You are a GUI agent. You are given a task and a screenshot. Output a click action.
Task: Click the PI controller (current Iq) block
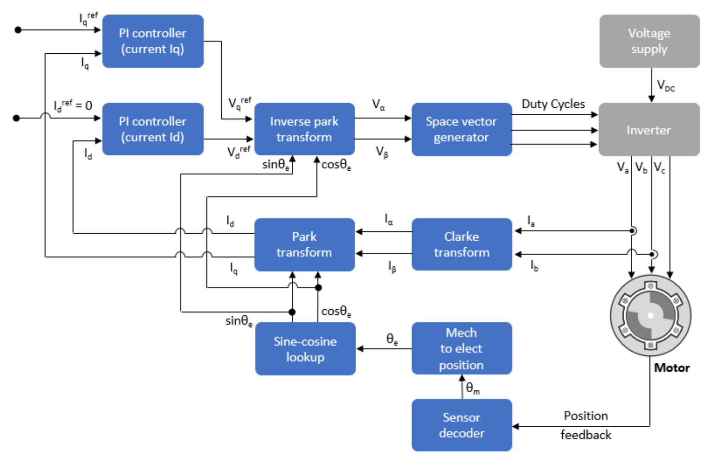tap(152, 41)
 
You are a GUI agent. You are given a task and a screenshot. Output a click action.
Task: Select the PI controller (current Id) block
tap(152, 129)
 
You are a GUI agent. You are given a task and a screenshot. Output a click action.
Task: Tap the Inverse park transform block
tap(304, 129)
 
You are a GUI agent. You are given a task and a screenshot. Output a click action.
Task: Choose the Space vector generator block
tap(461, 129)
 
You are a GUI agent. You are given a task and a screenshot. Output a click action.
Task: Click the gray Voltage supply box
tap(649, 41)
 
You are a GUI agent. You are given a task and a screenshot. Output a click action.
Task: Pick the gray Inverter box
tap(649, 130)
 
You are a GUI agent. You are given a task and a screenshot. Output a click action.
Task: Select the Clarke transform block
tap(461, 244)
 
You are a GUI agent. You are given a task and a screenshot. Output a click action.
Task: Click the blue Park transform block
tap(304, 244)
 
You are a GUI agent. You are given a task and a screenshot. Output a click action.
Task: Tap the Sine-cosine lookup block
tap(305, 349)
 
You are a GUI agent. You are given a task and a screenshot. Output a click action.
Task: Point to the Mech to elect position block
tap(461, 349)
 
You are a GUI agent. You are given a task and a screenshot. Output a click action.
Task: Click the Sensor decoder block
tap(461, 425)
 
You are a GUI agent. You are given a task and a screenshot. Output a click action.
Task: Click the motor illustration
tap(650, 316)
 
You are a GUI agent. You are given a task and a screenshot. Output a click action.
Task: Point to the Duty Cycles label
tap(553, 104)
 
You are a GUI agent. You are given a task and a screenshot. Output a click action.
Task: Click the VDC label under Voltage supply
tap(665, 86)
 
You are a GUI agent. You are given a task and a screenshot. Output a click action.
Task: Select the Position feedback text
tap(586, 425)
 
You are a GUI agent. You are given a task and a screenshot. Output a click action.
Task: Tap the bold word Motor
tap(671, 368)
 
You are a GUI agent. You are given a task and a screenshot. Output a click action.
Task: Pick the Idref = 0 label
tap(73, 106)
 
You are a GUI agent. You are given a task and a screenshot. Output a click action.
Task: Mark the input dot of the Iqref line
tap(18, 30)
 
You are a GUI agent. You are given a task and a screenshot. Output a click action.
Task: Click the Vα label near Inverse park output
tap(378, 105)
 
